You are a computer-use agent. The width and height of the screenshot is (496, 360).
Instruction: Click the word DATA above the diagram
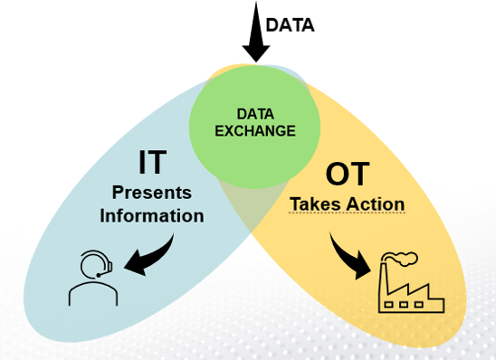pos(291,24)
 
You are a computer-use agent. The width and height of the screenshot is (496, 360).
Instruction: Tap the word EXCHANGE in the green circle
pos(255,130)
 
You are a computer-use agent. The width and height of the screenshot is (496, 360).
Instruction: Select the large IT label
pos(152,163)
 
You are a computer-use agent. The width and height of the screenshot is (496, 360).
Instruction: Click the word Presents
pos(151,193)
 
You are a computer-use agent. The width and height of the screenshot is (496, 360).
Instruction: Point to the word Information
pos(152,215)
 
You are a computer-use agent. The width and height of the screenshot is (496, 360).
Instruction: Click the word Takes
pos(313,204)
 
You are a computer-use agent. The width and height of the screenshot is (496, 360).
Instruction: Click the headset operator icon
pos(92,275)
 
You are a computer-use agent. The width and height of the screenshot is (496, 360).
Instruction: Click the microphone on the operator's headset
pos(108,270)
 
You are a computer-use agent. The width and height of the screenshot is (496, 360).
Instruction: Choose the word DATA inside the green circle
pos(255,114)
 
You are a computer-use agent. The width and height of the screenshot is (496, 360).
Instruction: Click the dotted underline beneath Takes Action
pos(346,214)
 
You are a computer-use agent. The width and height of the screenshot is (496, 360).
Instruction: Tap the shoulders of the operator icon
pos(92,293)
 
